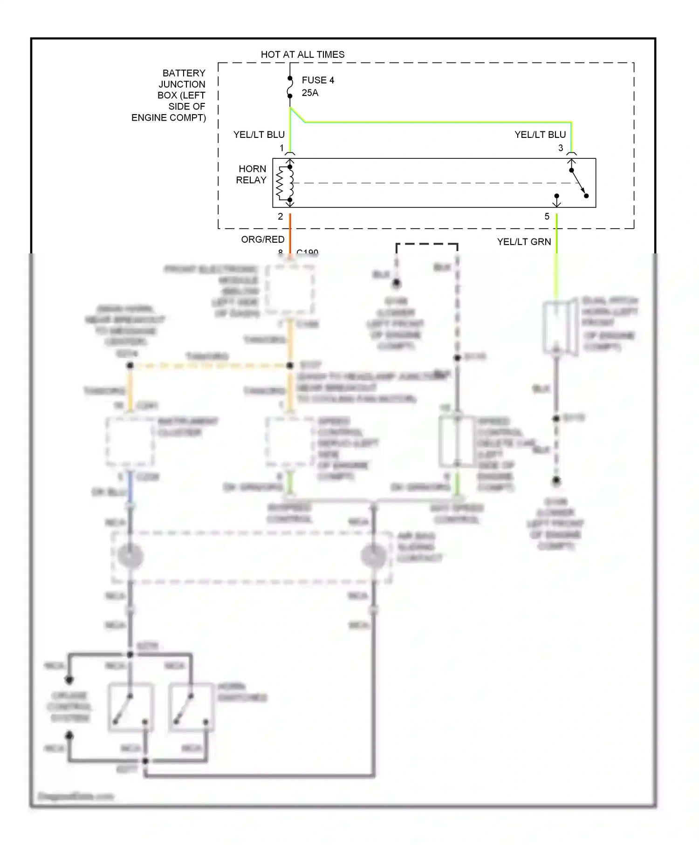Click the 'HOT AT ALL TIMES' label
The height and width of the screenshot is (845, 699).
302,55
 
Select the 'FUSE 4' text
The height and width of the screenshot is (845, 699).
318,80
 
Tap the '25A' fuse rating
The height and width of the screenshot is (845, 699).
310,93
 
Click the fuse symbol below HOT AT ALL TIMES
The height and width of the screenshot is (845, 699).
290,88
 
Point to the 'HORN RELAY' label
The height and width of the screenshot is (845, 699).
252,175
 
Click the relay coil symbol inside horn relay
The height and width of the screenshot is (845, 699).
285,183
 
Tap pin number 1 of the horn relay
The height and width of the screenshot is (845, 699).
281,148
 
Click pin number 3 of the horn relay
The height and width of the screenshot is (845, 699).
561,148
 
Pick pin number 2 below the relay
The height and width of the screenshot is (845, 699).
280,217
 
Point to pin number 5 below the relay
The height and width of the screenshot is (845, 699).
547,217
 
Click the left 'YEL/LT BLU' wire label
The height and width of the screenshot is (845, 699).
259,135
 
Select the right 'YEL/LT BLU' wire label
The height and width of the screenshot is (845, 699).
540,135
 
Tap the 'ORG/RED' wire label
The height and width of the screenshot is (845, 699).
262,239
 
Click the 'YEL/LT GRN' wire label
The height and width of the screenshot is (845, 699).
524,242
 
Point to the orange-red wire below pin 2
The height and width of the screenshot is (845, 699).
290,233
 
